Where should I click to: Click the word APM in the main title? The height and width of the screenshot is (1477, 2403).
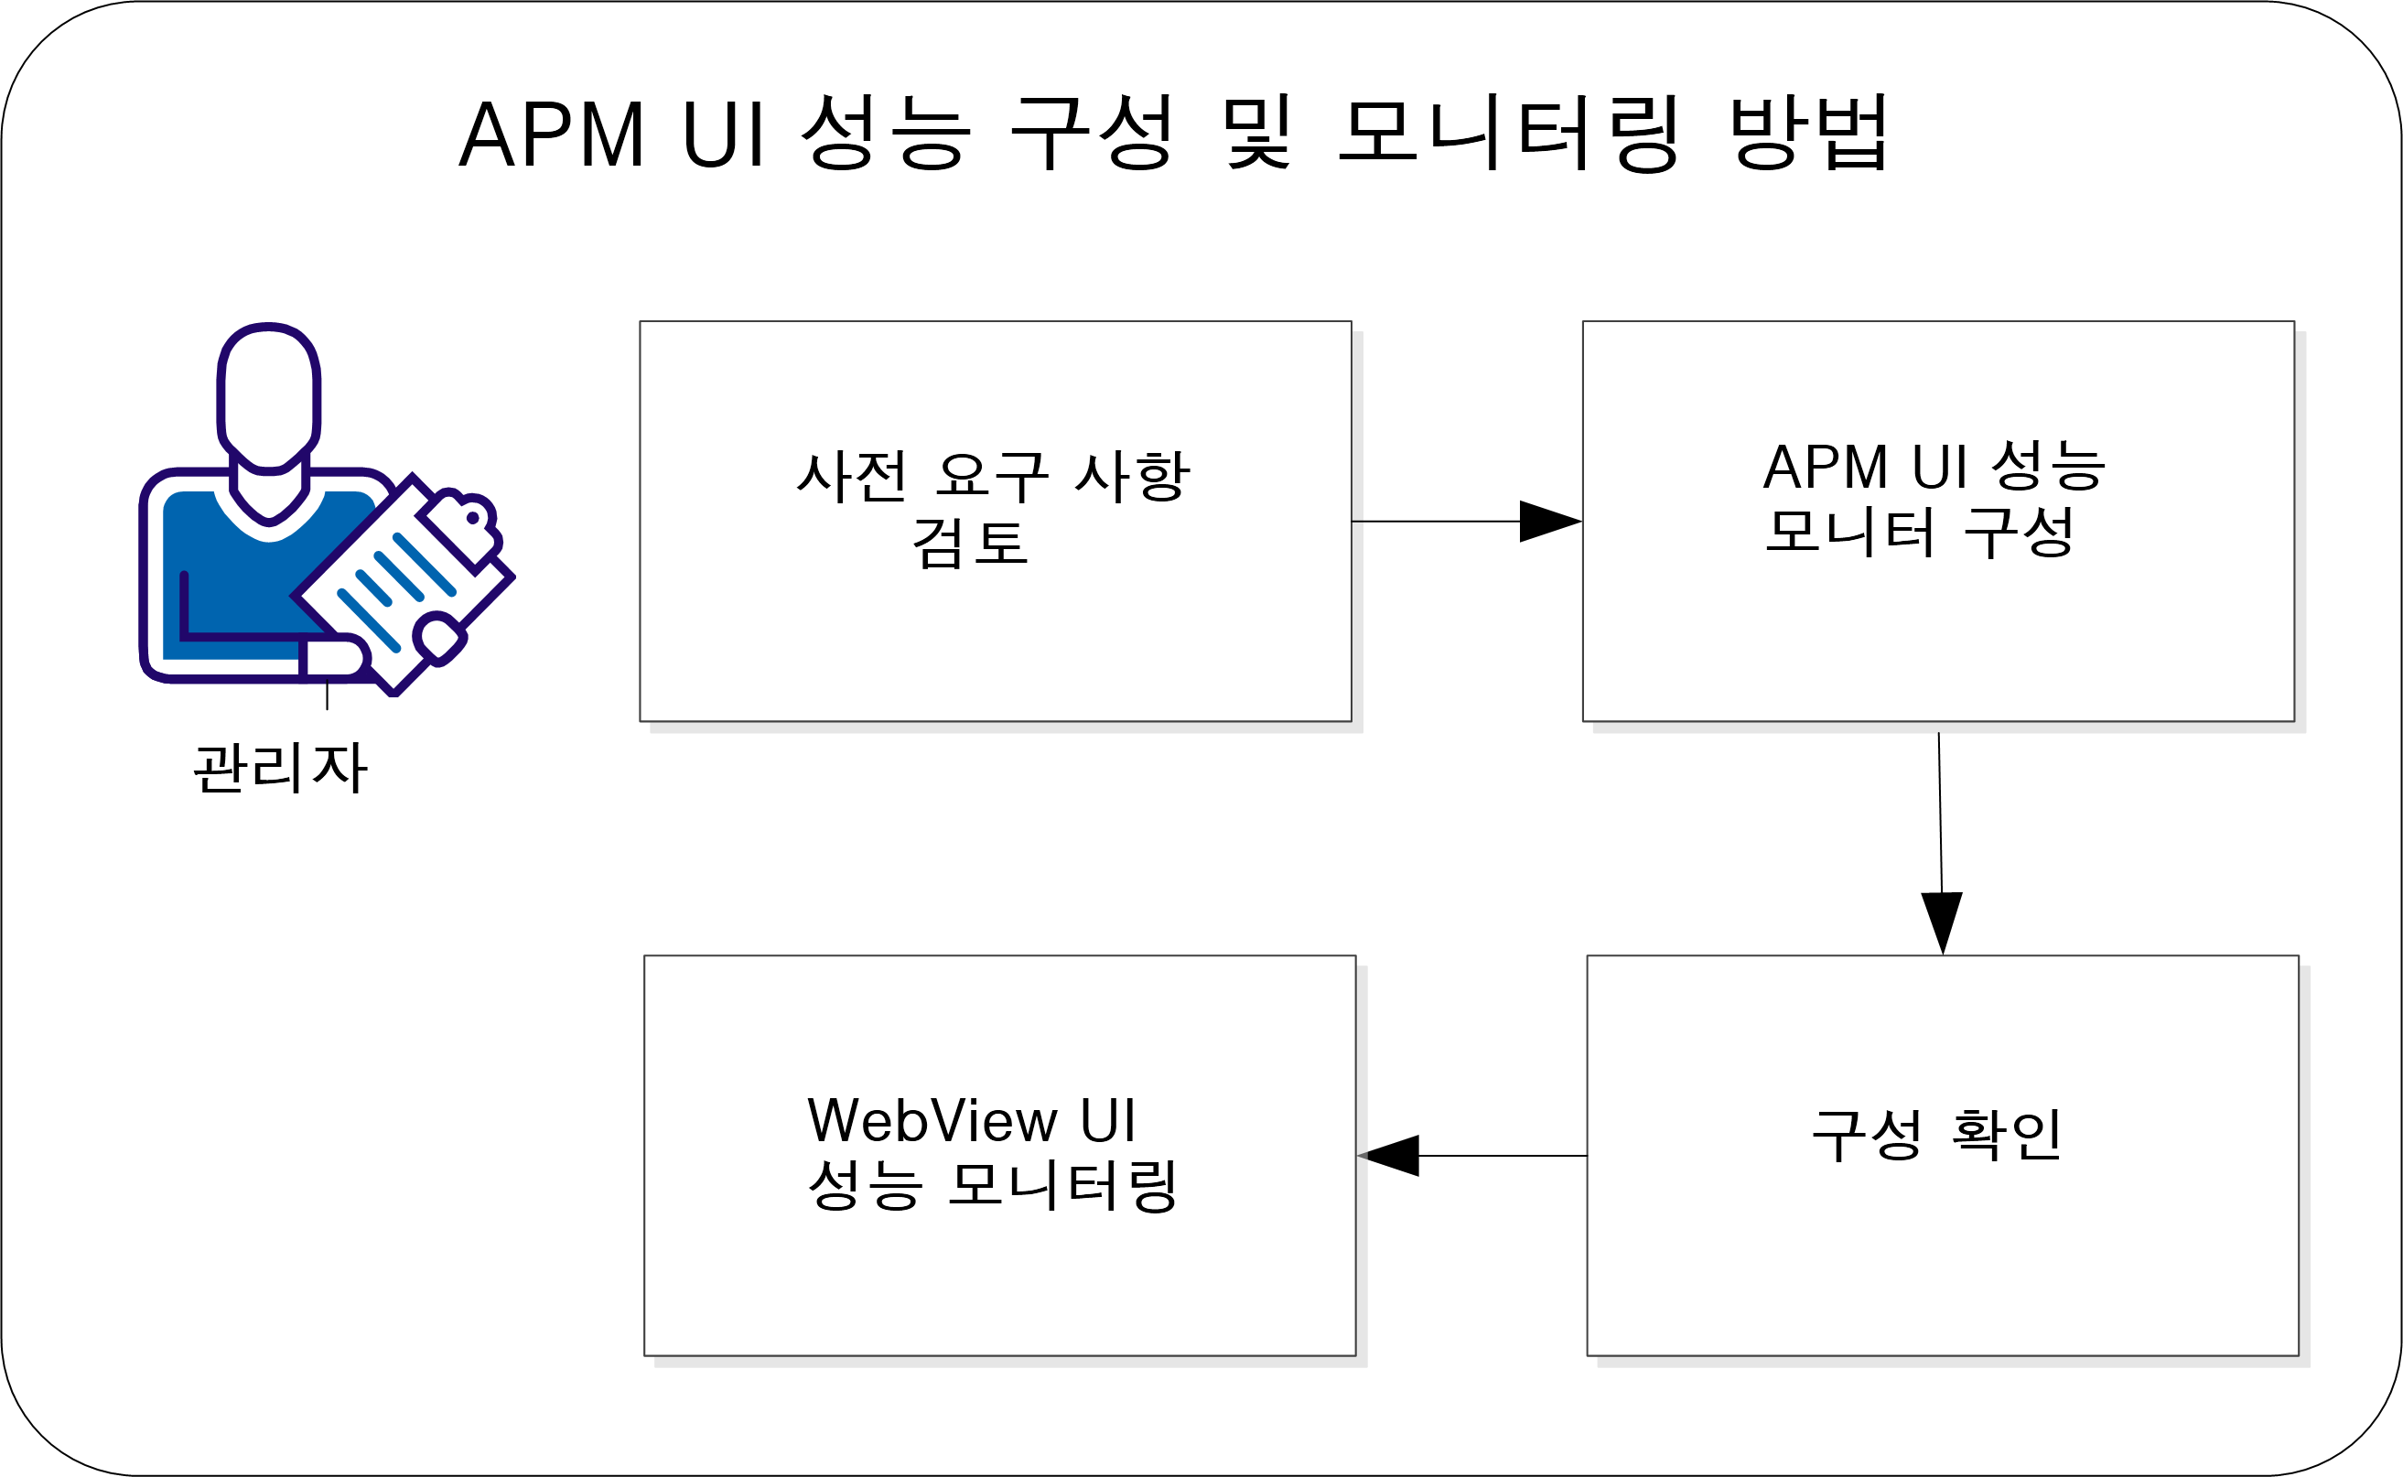pyautogui.click(x=552, y=135)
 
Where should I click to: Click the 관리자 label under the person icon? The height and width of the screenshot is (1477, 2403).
pyautogui.click(x=280, y=768)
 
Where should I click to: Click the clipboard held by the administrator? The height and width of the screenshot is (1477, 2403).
pyautogui.click(x=405, y=586)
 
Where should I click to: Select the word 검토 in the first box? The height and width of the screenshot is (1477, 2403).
pyautogui.click(x=969, y=544)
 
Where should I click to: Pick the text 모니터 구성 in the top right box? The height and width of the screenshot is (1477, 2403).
pyautogui.click(x=1920, y=533)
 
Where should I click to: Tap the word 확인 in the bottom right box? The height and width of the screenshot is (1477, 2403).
pyautogui.click(x=2007, y=1135)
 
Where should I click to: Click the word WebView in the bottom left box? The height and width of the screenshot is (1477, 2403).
pyautogui.click(x=932, y=1120)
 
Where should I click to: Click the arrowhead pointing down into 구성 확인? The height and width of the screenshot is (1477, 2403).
pyautogui.click(x=1942, y=921)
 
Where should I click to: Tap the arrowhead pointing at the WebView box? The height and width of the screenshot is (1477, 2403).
pyautogui.click(x=1390, y=1156)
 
